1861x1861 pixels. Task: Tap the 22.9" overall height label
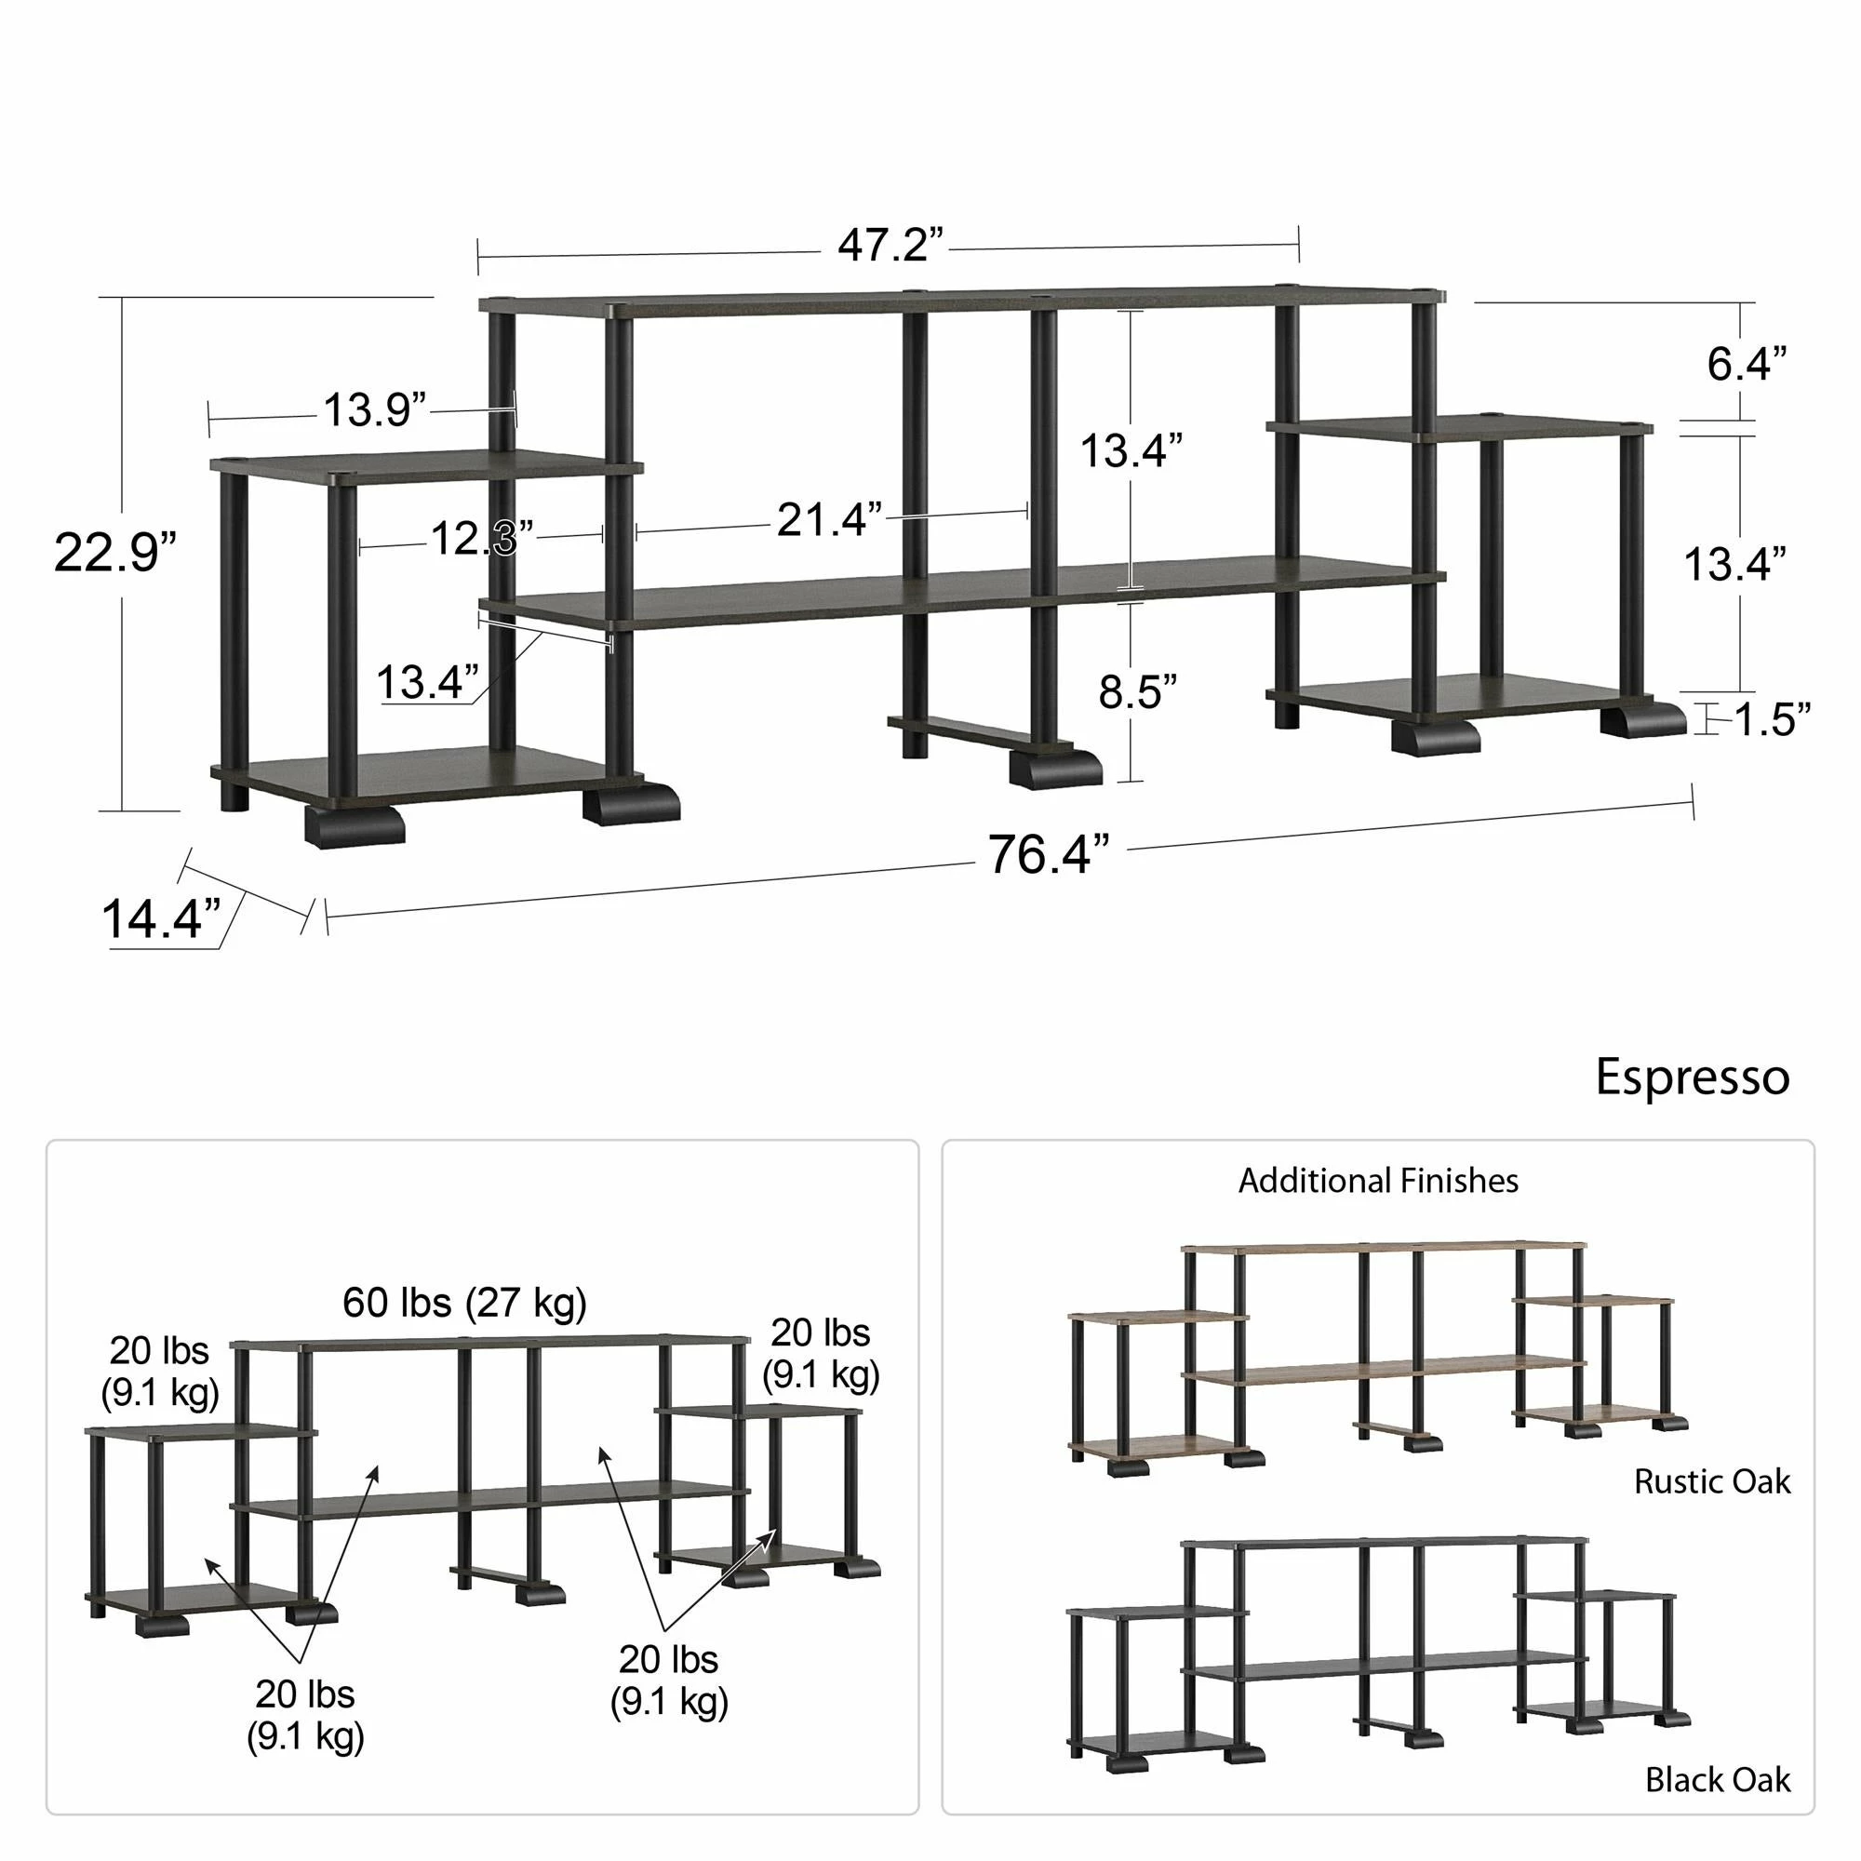point(114,553)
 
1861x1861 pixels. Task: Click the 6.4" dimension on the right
point(1747,364)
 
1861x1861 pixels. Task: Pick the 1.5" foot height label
point(1773,719)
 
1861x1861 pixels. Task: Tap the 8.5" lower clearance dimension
point(1137,691)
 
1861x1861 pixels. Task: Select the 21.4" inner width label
point(828,520)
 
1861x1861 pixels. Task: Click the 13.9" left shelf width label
point(374,410)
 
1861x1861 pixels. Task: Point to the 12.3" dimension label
point(481,539)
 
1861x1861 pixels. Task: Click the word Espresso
point(1693,1077)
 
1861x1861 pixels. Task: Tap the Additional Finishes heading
point(1377,1181)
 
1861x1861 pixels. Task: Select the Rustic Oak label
point(1712,1481)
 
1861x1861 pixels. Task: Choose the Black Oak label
point(1718,1779)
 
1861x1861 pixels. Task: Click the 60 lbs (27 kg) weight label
point(464,1304)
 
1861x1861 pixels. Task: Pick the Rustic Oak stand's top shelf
point(1383,1248)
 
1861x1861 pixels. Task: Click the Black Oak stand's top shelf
point(1383,1542)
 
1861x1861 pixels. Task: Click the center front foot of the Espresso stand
point(1055,768)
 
